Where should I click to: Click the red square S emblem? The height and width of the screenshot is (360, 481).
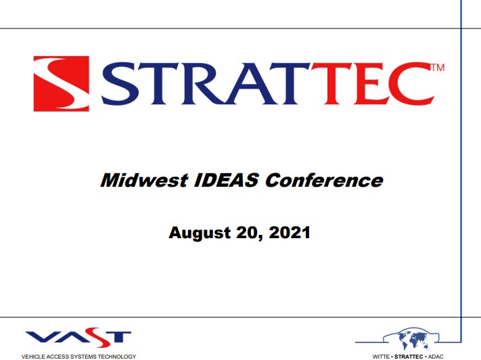point(61,84)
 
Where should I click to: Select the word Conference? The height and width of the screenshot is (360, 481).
point(324,181)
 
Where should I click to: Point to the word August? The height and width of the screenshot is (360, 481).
point(198,233)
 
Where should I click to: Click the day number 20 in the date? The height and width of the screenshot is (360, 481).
point(248,233)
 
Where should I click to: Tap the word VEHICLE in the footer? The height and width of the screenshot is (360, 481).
point(33,356)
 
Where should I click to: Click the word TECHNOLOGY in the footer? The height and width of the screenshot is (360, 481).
point(118,356)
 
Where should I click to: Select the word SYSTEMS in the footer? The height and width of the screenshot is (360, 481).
point(85,356)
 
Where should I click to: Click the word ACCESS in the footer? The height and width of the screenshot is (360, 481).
point(59,356)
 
